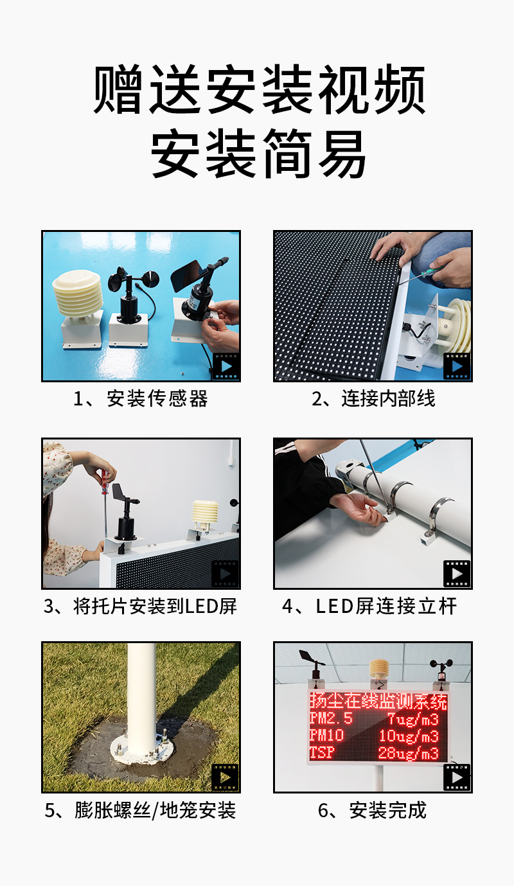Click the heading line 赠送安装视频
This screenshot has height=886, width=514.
pyautogui.click(x=259, y=90)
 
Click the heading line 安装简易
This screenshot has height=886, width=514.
pyautogui.click(x=258, y=154)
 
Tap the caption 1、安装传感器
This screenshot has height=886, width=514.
pyautogui.click(x=141, y=398)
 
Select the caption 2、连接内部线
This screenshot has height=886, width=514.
pyautogui.click(x=373, y=398)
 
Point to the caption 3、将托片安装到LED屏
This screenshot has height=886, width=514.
pyautogui.click(x=141, y=607)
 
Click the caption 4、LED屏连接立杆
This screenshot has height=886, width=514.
pyautogui.click(x=369, y=607)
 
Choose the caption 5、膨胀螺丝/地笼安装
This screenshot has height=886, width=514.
pyautogui.click(x=141, y=810)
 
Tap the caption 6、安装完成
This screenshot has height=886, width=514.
pyautogui.click(x=373, y=810)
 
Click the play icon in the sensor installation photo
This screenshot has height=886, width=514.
pyautogui.click(x=226, y=366)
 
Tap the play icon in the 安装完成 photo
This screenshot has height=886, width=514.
pyautogui.click(x=457, y=777)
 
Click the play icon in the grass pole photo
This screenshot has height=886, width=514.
pyautogui.click(x=226, y=777)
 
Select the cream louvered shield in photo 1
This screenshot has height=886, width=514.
pyautogui.click(x=78, y=294)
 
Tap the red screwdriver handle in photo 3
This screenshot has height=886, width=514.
pyautogui.click(x=105, y=482)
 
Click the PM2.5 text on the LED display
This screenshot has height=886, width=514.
pyautogui.click(x=331, y=718)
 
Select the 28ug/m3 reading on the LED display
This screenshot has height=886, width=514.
pyautogui.click(x=409, y=753)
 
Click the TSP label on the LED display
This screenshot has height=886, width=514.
pyautogui.click(x=322, y=752)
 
